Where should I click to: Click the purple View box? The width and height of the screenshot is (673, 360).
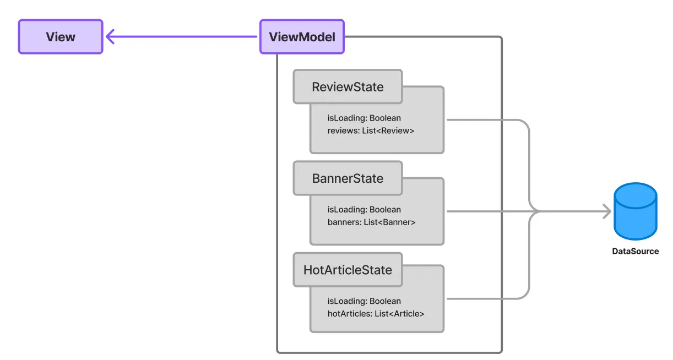point(61,37)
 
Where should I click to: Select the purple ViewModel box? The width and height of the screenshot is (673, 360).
point(302,37)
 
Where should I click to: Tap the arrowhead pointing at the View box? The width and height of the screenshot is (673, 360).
point(110,37)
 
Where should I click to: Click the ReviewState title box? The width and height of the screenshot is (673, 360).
point(348,87)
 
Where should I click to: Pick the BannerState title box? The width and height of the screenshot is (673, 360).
point(348,178)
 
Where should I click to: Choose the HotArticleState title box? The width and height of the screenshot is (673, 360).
point(348,270)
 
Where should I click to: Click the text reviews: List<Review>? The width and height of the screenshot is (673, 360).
point(371,130)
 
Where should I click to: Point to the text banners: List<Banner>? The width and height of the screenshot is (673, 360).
point(371,222)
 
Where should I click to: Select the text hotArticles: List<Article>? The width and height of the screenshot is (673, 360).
point(376,314)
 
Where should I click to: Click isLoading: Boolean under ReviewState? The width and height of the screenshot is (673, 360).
point(364,118)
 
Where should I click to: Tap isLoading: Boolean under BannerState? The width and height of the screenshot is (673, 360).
point(364,210)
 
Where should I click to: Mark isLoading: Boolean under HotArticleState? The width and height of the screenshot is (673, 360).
point(364,301)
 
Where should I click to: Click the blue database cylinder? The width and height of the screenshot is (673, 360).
point(636,211)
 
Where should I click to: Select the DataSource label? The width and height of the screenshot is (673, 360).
point(636,252)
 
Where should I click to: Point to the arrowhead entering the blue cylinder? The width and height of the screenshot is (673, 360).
point(607,211)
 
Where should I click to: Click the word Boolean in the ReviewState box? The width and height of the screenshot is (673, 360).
point(385,118)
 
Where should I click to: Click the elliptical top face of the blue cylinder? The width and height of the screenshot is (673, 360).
point(636,195)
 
